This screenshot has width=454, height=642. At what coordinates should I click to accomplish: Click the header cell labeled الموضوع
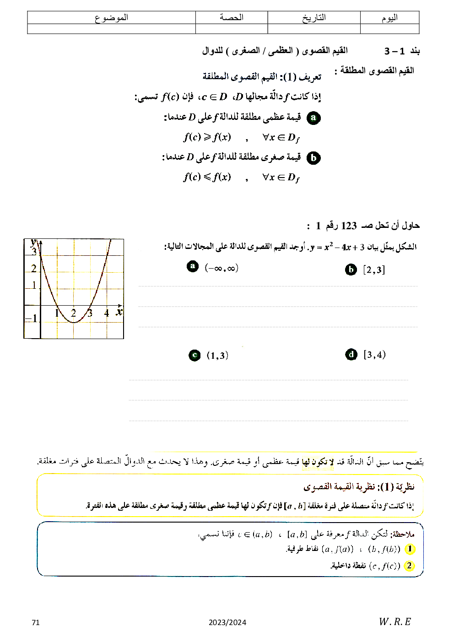(x=111, y=18)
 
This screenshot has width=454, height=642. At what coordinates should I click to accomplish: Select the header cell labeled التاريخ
(x=314, y=18)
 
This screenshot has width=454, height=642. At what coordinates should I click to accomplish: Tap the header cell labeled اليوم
(x=389, y=18)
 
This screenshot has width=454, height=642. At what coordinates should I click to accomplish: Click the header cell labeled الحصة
(x=232, y=18)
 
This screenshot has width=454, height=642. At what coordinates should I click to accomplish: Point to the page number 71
(x=36, y=622)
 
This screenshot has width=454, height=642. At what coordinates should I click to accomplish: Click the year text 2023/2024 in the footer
(x=227, y=622)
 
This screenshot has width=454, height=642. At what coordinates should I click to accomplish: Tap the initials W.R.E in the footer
(x=395, y=621)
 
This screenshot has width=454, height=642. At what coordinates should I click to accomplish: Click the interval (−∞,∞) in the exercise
(x=222, y=268)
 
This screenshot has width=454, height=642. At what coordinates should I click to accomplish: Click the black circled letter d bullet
(x=351, y=355)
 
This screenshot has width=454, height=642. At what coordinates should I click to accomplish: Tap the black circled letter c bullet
(x=195, y=356)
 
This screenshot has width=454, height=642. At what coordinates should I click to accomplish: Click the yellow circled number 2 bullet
(x=409, y=566)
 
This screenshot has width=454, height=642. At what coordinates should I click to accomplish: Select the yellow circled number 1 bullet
(x=410, y=549)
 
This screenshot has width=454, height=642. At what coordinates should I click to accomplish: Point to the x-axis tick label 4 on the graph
(x=107, y=313)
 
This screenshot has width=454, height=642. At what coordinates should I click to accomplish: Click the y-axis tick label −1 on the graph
(x=31, y=318)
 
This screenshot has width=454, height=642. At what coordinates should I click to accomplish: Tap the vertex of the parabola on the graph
(x=74, y=322)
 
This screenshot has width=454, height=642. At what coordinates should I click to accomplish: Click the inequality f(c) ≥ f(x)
(x=207, y=137)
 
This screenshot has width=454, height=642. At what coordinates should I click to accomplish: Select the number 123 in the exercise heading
(x=349, y=226)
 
